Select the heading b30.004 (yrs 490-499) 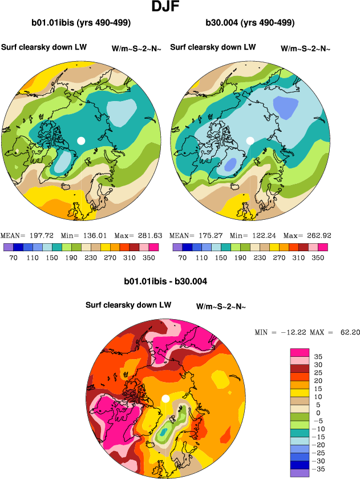click(x=250, y=23)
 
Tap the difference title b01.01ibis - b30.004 click(x=165, y=281)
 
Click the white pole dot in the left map click(x=81, y=140)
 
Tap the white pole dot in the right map click(x=250, y=140)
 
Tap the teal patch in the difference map click(x=164, y=434)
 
